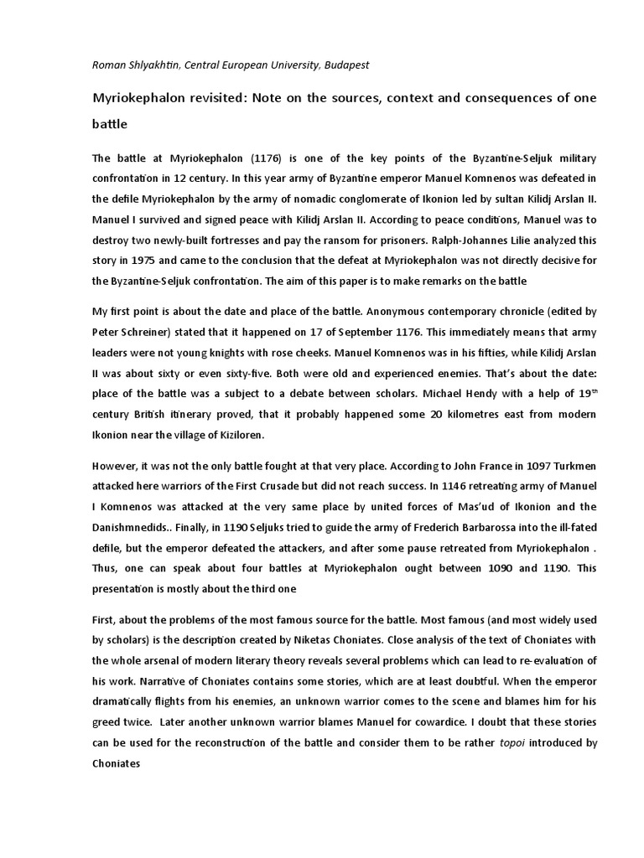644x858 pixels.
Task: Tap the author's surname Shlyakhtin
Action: (x=153, y=65)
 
